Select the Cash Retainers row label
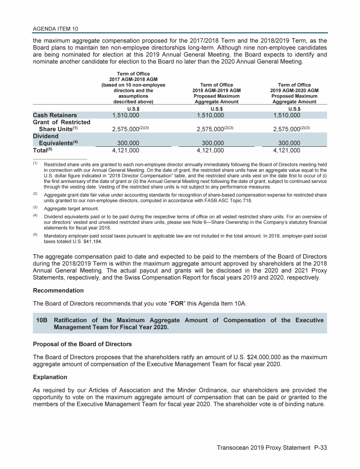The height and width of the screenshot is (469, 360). [55, 115]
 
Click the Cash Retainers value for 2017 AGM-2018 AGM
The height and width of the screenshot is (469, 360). [119, 115]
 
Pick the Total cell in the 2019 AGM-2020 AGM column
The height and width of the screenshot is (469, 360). [286, 151]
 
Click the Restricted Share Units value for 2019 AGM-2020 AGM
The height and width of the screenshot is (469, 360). [286, 129]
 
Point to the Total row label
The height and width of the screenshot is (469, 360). [44, 151]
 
